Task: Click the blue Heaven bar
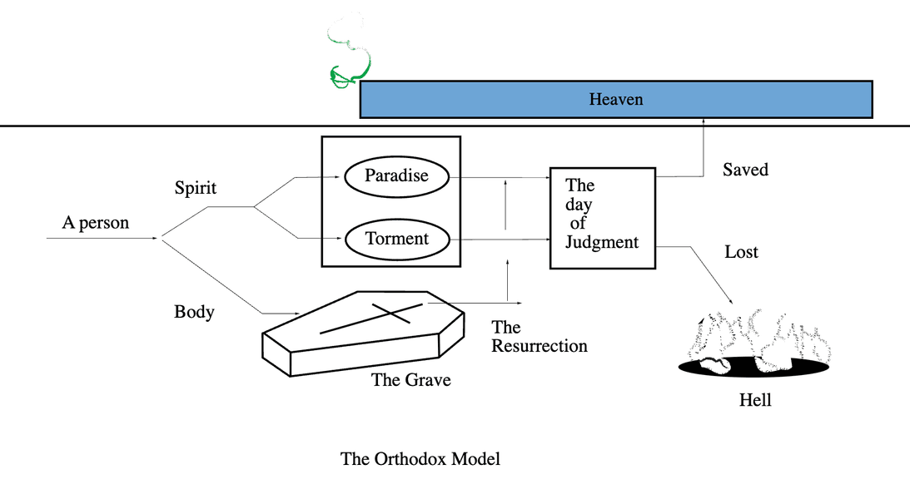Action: [616, 100]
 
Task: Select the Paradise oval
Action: [396, 176]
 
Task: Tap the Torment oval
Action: [396, 240]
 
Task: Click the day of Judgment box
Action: [602, 218]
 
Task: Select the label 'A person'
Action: [96, 223]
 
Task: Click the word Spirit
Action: [196, 188]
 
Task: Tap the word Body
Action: [194, 312]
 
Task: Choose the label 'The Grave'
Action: [410, 380]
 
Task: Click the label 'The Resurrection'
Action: [539, 337]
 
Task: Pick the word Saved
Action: [745, 170]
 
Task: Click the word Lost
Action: [741, 251]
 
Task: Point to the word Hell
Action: [755, 400]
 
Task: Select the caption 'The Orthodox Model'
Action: [420, 458]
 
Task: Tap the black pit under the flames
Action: [753, 368]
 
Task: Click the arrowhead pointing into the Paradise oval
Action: [340, 177]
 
